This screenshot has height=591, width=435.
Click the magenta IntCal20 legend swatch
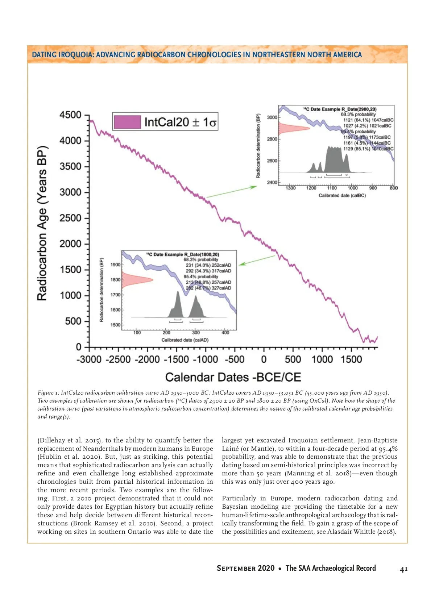pyautogui.click(x=127, y=122)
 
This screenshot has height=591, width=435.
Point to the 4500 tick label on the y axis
pyautogui.click(x=70, y=115)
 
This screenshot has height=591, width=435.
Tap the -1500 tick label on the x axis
pyautogui.click(x=177, y=359)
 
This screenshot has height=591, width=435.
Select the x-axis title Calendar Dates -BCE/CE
pyautogui.click(x=233, y=377)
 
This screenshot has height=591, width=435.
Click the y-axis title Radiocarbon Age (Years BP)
pyautogui.click(x=42, y=223)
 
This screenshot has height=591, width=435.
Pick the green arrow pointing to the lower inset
pyautogui.click(x=257, y=260)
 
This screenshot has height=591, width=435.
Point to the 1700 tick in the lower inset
pyautogui.click(x=115, y=295)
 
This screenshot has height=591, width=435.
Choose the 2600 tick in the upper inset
pyautogui.click(x=272, y=161)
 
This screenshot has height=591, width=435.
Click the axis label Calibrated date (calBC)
pyautogui.click(x=342, y=196)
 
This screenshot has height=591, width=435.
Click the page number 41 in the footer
pyautogui.click(x=403, y=569)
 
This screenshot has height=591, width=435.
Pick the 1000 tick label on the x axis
pyautogui.click(x=322, y=359)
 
